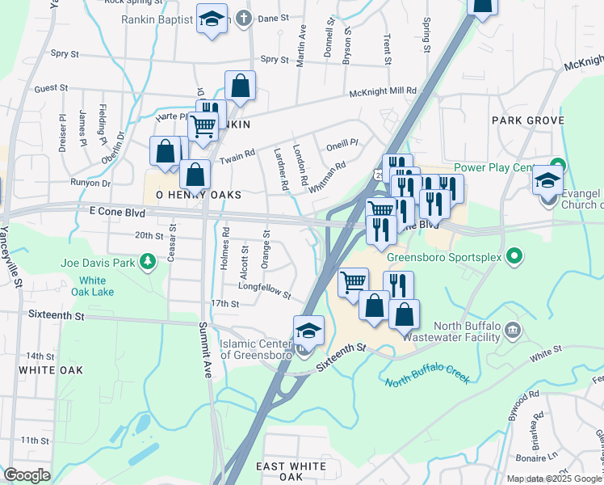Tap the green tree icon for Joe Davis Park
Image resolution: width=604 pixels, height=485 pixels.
coord(147,261)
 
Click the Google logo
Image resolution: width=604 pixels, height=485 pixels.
coord(27,474)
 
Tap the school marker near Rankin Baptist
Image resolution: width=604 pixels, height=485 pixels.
coord(212,19)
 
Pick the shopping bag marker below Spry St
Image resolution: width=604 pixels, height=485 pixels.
coord(241,85)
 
